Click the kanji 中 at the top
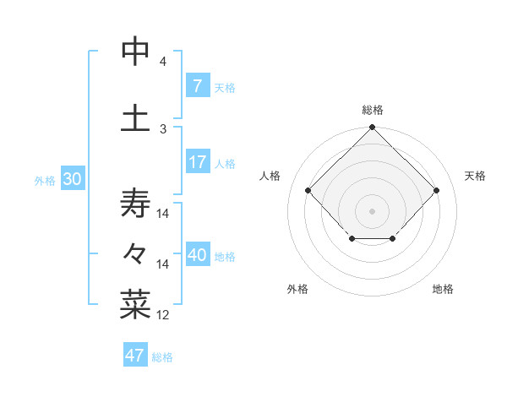pos(135,52)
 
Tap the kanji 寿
pos(135,204)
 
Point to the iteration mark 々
pos(135,253)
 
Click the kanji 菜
pos(135,304)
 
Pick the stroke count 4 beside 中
pos(163,62)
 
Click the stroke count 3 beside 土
pos(163,128)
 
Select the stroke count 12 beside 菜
pos(163,315)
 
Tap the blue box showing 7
pos(197,86)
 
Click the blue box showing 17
pos(197,162)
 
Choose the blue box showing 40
pos(198,255)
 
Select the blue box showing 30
pos(72,179)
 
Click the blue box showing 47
pos(135,356)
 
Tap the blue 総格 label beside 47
pos(162,357)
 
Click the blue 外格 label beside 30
pos(45,180)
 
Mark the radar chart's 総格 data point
pos(372,128)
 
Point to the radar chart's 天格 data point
pos(436,190)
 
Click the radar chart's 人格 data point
pos(308,190)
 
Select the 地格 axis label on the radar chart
pos(443,289)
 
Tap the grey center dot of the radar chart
pos(372,210)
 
